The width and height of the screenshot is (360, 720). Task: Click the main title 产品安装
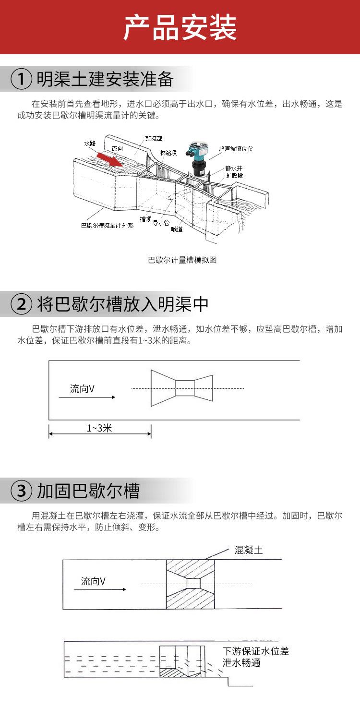pyautogui.click(x=180, y=28)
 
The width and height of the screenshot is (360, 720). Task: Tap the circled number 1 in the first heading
pyautogui.click(x=22, y=79)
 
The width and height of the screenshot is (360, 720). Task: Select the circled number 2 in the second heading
pyautogui.click(x=22, y=304)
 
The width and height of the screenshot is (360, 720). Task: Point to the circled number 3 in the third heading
pyautogui.click(x=22, y=491)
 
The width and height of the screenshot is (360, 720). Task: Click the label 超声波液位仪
pyautogui.click(x=236, y=148)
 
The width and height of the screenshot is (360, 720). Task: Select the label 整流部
pyautogui.click(x=154, y=139)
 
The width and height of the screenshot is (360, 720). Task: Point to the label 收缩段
pyautogui.click(x=168, y=153)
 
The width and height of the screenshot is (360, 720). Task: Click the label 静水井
pyautogui.click(x=234, y=168)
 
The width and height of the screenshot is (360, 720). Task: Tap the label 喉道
pyautogui.click(x=177, y=229)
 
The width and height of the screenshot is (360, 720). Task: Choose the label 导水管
pyautogui.click(x=161, y=223)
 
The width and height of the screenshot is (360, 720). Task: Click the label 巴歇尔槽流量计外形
pyautogui.click(x=107, y=225)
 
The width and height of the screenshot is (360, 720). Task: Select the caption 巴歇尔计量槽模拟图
pyautogui.click(x=182, y=260)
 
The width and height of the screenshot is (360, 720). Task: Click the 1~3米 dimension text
pyautogui.click(x=99, y=428)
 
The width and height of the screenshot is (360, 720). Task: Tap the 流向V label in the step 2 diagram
pyautogui.click(x=82, y=389)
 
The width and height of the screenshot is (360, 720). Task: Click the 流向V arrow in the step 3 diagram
pyautogui.click(x=100, y=589)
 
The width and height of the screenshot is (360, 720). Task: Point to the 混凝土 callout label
pyautogui.click(x=249, y=550)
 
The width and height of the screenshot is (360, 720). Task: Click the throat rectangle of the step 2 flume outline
pyautogui.click(x=185, y=388)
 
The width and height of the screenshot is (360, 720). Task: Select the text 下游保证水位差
pyautogui.click(x=256, y=651)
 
